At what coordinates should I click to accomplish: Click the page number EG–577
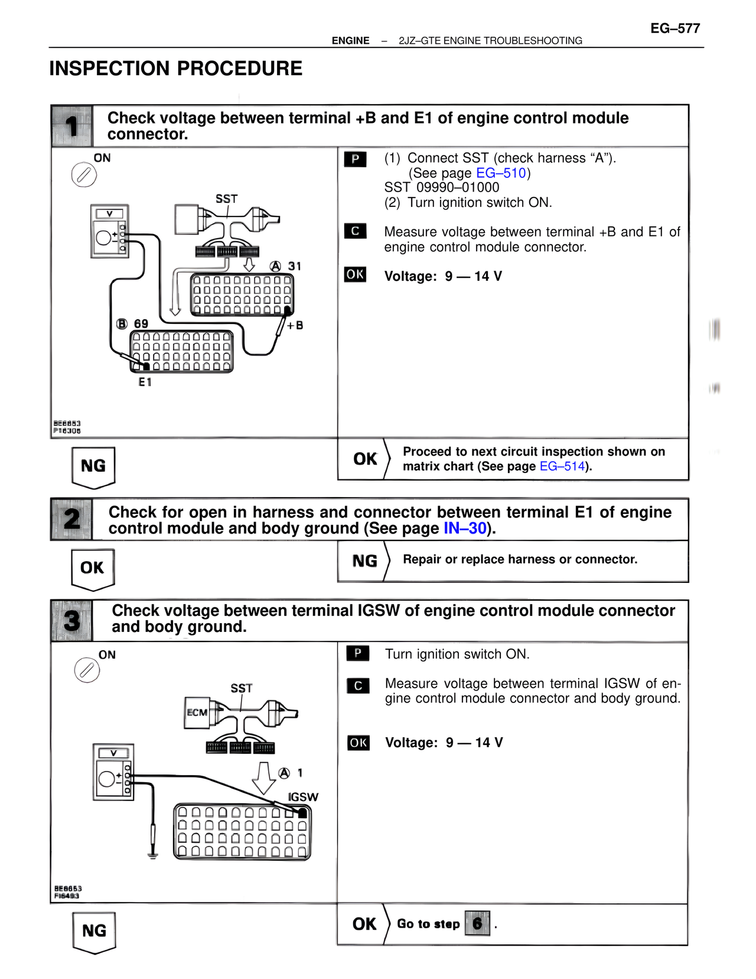point(675,28)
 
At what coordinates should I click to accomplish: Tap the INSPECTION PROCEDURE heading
point(175,69)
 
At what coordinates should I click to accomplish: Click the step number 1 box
point(71,126)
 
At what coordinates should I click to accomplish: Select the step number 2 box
point(71,520)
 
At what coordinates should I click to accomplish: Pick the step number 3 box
point(71,621)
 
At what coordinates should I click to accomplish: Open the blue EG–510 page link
point(501,173)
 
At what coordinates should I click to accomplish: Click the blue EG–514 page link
point(562,466)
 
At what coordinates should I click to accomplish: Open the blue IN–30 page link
point(465,529)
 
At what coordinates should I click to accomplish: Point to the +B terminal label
point(295,326)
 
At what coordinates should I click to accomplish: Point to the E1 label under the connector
point(145,382)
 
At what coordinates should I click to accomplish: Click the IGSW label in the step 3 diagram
point(303,797)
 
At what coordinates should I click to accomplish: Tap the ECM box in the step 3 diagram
point(197,712)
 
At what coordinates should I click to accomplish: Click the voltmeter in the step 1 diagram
point(110,231)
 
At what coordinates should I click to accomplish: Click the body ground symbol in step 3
point(153,854)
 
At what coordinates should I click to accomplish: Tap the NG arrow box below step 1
point(93,467)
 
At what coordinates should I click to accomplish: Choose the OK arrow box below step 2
point(93,569)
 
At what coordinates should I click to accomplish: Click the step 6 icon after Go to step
point(477,923)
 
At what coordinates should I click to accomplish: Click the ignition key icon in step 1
point(84,176)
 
